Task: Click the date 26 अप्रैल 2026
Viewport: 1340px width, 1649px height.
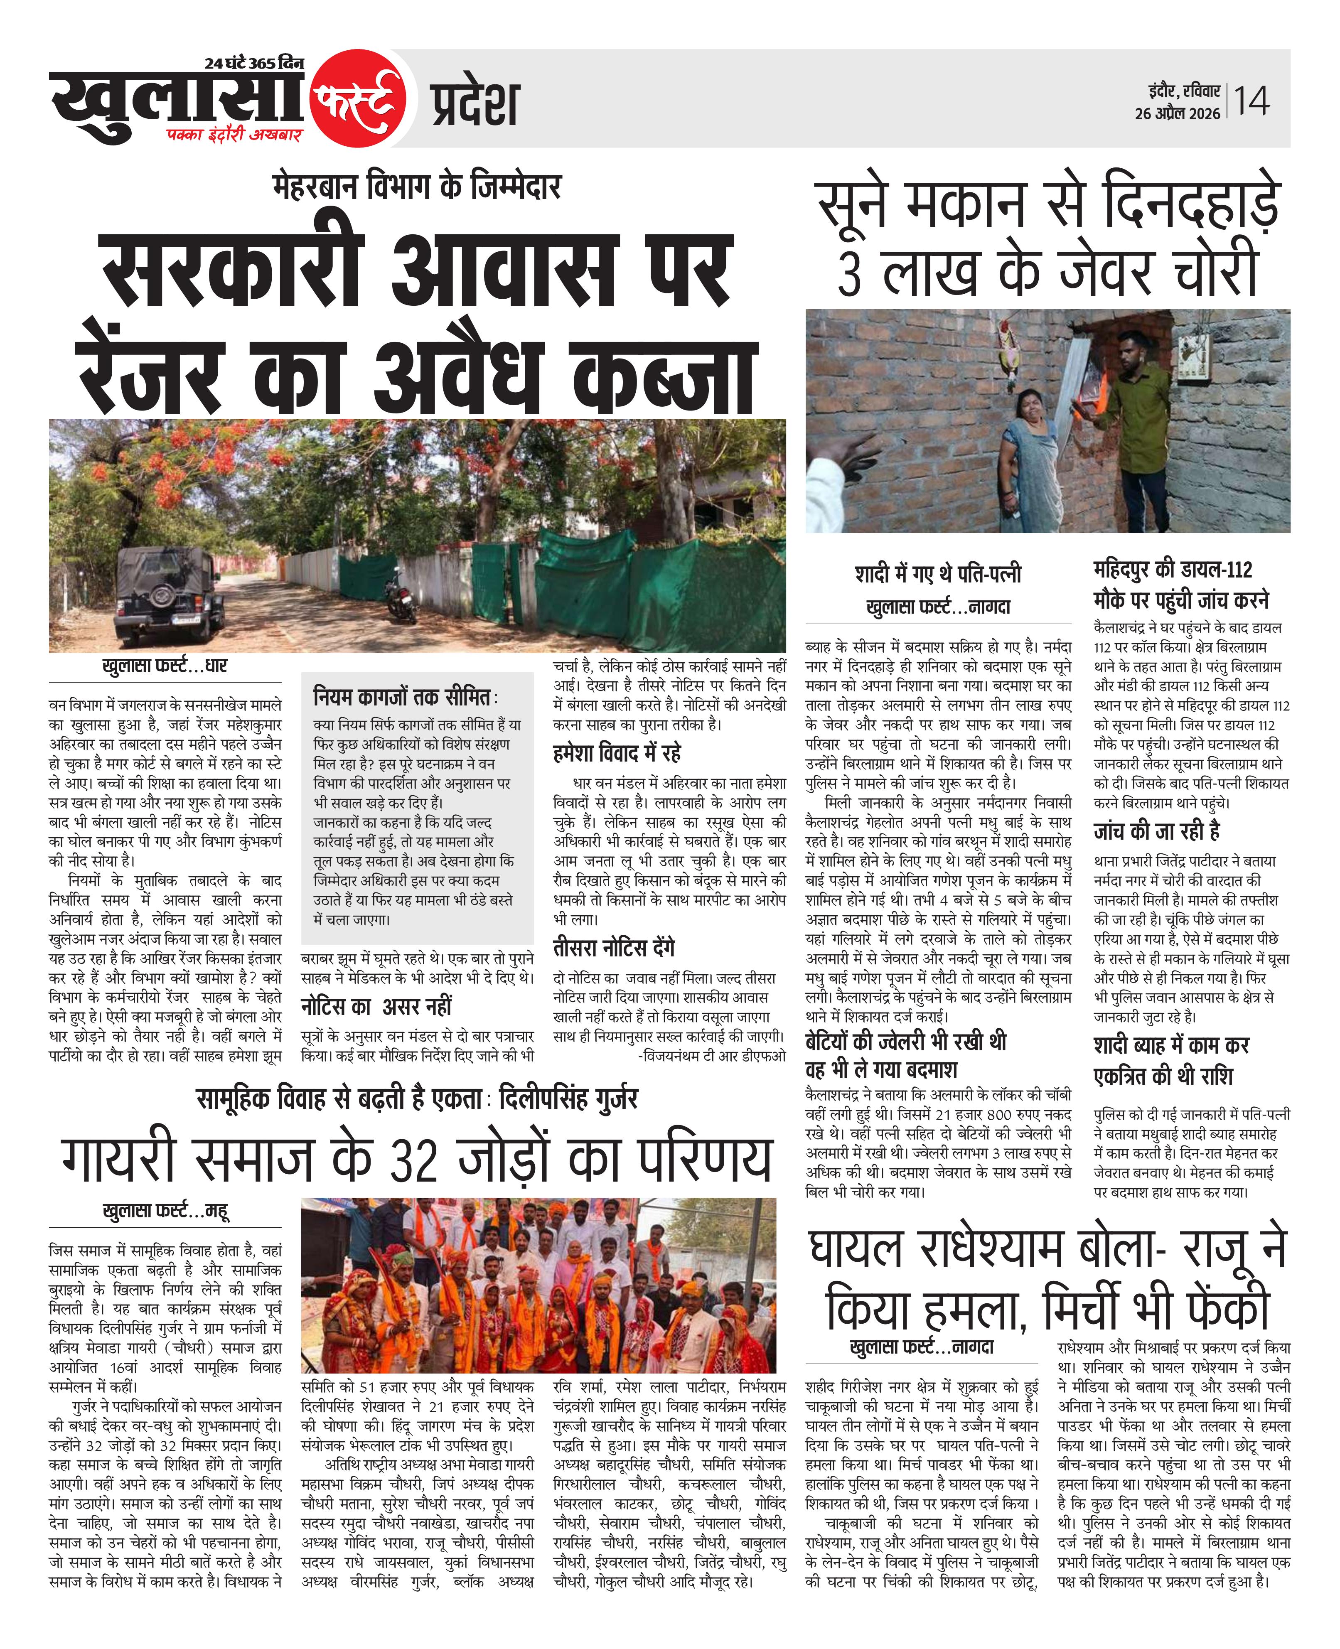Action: pos(1177,113)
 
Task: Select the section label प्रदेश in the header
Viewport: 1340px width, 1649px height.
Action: pos(474,105)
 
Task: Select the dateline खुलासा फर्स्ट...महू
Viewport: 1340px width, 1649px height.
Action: pos(165,1211)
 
